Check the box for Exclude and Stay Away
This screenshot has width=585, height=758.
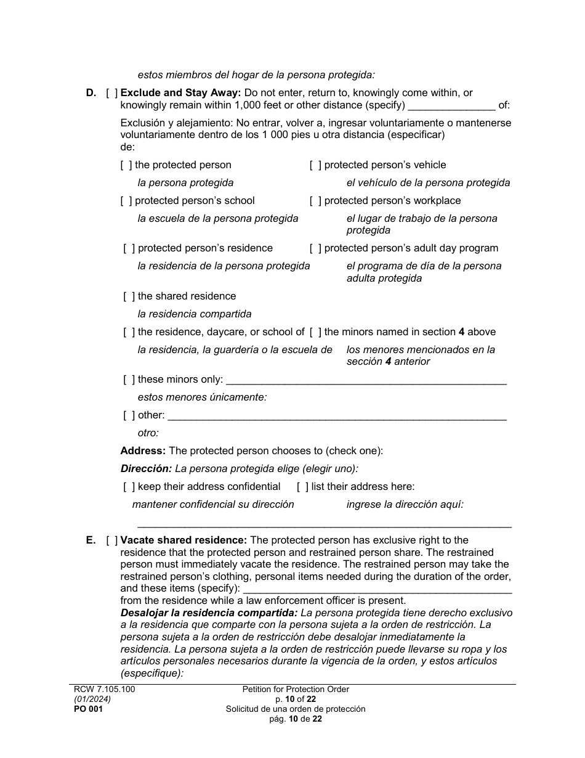[x=111, y=93]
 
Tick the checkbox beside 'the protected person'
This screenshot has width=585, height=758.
[x=126, y=165]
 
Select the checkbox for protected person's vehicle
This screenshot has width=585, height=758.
[x=315, y=165]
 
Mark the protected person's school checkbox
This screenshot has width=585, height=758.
[x=126, y=201]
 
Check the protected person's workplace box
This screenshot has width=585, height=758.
[x=315, y=201]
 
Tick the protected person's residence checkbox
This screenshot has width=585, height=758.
[x=129, y=248]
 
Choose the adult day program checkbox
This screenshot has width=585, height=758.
[x=315, y=248]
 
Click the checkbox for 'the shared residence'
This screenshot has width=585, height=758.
[x=129, y=296]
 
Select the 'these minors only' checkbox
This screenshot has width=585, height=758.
[x=129, y=380]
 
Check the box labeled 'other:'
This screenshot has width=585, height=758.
[x=129, y=415]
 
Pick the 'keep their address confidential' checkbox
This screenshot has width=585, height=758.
[x=129, y=487]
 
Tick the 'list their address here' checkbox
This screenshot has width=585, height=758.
[x=302, y=487]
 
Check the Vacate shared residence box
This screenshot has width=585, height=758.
[x=111, y=540]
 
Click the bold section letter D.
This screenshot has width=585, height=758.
[x=91, y=93]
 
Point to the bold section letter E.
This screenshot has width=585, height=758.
[x=91, y=540]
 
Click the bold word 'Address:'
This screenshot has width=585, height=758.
[x=143, y=451]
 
